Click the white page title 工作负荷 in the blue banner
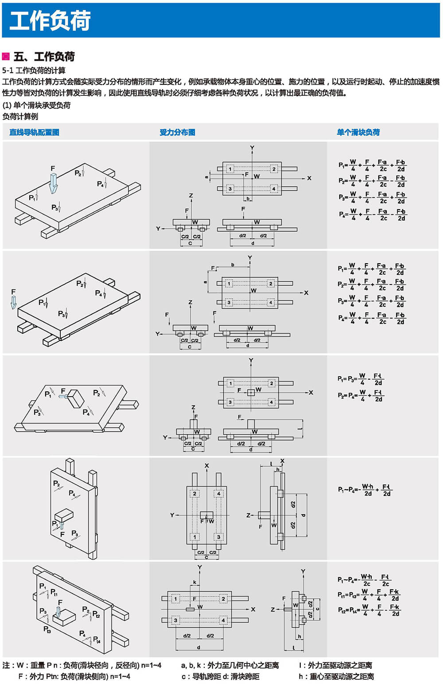click(x=50, y=21)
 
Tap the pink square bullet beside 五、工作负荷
click(x=6, y=56)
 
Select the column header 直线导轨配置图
click(x=34, y=132)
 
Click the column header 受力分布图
click(x=177, y=132)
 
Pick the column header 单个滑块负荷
click(x=358, y=132)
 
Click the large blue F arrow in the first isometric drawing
click(x=53, y=182)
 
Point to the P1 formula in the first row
click(x=372, y=165)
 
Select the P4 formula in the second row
click(x=371, y=318)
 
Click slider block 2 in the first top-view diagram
click(x=274, y=169)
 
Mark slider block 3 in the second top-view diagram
click(x=229, y=302)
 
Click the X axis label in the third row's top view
click(x=311, y=393)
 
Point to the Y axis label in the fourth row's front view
click(x=172, y=515)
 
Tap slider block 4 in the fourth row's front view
click(x=218, y=493)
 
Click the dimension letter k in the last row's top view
click(x=194, y=582)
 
